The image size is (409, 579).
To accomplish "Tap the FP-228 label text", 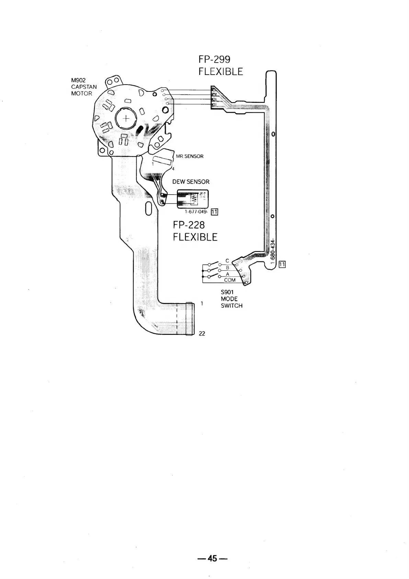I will (x=189, y=225).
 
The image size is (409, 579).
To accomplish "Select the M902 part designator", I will (x=78, y=80).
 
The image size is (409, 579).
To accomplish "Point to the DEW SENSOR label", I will (x=191, y=182).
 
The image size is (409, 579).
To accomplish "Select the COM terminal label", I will (x=230, y=280).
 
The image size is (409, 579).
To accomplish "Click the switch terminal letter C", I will (x=227, y=261).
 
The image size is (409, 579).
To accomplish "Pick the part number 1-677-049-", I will (x=196, y=211).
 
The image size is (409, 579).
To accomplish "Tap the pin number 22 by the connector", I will (x=202, y=333).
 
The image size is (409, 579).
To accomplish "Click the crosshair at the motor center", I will (x=126, y=119).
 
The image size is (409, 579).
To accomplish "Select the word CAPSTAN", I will (x=84, y=87).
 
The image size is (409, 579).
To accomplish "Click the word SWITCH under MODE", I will (x=231, y=306).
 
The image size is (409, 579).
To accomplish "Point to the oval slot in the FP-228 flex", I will (x=149, y=208).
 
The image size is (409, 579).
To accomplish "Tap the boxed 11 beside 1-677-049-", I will (x=214, y=211).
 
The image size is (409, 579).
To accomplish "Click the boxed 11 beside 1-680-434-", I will (x=282, y=264).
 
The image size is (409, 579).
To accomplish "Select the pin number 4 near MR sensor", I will (x=173, y=168).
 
